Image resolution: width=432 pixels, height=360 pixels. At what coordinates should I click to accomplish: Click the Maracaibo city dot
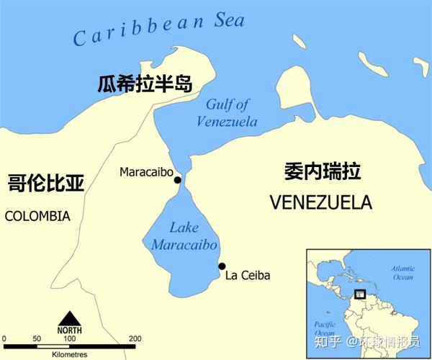177,179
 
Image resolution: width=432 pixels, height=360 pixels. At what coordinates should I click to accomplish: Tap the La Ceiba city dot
222,266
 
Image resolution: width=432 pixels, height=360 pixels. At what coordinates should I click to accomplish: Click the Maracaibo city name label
145,172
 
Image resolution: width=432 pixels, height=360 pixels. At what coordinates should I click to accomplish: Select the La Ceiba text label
247,275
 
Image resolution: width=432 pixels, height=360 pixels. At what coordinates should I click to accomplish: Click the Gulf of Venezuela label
226,113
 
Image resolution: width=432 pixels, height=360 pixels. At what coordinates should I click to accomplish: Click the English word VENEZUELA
320,202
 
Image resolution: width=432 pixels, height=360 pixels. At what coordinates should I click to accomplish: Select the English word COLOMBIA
37,216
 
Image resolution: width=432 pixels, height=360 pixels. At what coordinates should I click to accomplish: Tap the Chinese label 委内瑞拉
321,171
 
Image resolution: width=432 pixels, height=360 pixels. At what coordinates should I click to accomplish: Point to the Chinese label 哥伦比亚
46,181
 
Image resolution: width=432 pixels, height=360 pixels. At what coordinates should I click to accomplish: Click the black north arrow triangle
70,318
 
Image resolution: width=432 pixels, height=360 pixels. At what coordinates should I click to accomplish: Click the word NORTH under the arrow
70,330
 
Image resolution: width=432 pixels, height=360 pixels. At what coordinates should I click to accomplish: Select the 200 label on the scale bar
135,338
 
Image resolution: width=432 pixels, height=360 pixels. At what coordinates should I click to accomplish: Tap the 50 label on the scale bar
37,338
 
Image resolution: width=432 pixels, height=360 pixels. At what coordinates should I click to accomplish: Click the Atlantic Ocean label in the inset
402,272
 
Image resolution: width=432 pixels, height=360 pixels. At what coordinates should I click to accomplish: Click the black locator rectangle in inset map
360,294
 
